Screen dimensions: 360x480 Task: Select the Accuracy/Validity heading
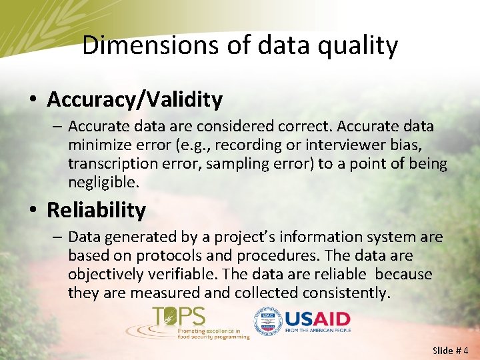135,100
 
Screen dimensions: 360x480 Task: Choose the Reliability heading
96,211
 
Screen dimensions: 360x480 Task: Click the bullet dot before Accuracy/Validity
33,101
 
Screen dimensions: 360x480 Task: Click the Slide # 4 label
451,350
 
